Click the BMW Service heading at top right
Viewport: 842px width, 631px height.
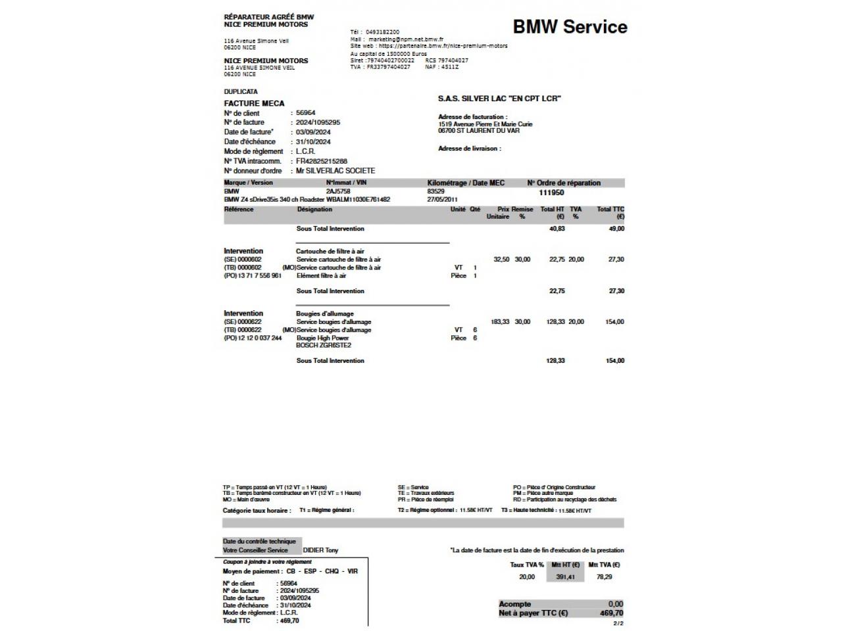570,27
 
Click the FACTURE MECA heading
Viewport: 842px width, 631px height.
254,103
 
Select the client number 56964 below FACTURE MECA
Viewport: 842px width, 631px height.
306,113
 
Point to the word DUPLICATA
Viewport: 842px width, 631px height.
241,92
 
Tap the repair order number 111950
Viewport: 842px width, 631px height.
551,193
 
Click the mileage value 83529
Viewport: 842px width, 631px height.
435,191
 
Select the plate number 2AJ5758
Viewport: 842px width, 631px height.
338,191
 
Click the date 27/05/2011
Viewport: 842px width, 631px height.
442,199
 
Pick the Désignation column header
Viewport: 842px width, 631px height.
314,210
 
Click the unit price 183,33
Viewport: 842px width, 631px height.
500,322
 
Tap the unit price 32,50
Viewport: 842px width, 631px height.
501,260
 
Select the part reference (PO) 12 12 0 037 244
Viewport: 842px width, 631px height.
253,338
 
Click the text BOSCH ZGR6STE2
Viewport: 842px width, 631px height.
324,346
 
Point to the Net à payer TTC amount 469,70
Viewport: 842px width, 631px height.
611,613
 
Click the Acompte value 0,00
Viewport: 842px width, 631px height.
615,604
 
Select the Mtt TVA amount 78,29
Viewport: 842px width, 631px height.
604,577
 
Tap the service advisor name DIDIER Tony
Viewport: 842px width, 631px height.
320,550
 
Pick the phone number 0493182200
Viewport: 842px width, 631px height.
382,32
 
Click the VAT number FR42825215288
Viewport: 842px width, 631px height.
321,161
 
